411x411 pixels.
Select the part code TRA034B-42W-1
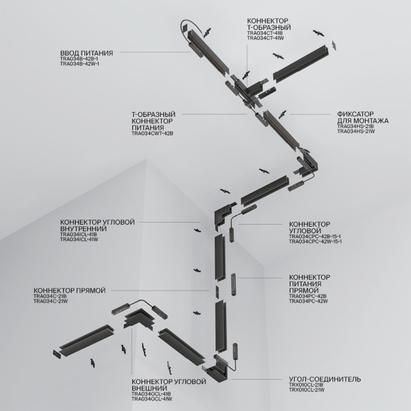(x=79, y=64)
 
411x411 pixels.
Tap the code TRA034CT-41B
(x=265, y=33)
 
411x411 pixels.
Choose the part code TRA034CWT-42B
(x=152, y=133)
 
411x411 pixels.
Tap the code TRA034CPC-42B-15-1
(x=315, y=236)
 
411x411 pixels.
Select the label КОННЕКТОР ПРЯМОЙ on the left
(x=69, y=291)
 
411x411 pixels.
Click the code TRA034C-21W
(x=50, y=302)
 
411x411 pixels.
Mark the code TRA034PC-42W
(x=308, y=302)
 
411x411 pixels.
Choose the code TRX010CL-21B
(x=306, y=385)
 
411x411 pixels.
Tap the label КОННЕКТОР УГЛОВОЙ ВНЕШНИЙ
(x=160, y=385)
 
